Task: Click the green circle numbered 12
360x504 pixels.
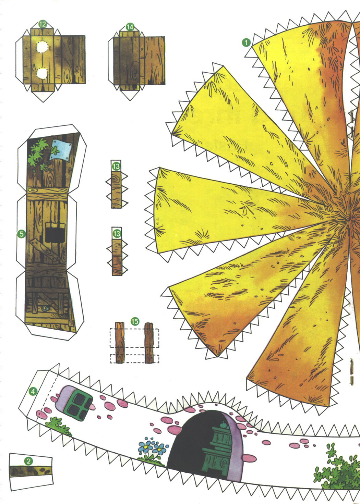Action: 43,24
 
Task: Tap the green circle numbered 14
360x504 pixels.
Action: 130,27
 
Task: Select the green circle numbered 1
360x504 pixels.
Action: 246,42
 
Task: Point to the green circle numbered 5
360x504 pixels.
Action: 21,234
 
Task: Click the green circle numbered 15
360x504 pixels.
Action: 135,321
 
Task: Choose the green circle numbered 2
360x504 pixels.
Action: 28,462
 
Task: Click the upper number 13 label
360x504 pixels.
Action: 116,167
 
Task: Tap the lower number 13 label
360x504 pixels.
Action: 117,234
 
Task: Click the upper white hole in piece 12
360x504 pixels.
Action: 42,47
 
